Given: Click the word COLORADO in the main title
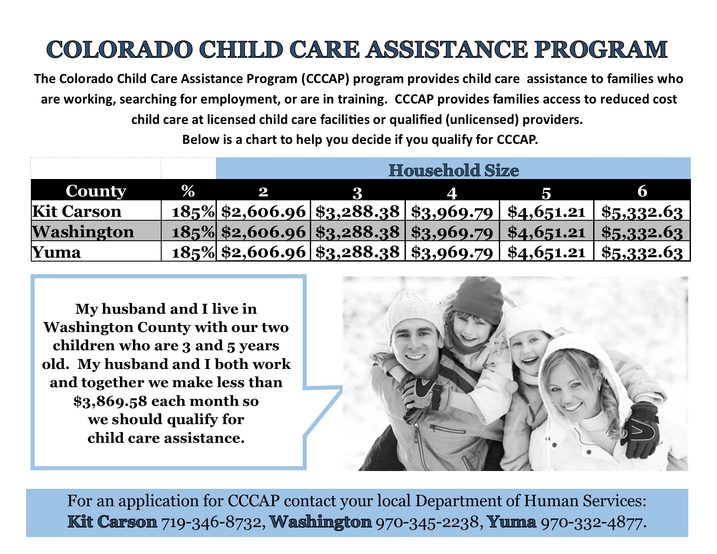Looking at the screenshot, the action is [x=119, y=50].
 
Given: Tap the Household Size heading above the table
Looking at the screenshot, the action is [x=454, y=170].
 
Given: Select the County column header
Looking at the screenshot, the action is [x=96, y=191].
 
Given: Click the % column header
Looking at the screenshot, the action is [x=188, y=191].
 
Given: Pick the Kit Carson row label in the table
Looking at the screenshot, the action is [x=76, y=211].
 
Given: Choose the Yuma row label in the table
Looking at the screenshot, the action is [x=56, y=252].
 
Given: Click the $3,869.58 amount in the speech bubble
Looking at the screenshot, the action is [x=110, y=401].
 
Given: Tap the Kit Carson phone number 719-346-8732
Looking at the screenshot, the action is [x=211, y=522].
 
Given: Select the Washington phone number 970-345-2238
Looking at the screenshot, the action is [x=427, y=522].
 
